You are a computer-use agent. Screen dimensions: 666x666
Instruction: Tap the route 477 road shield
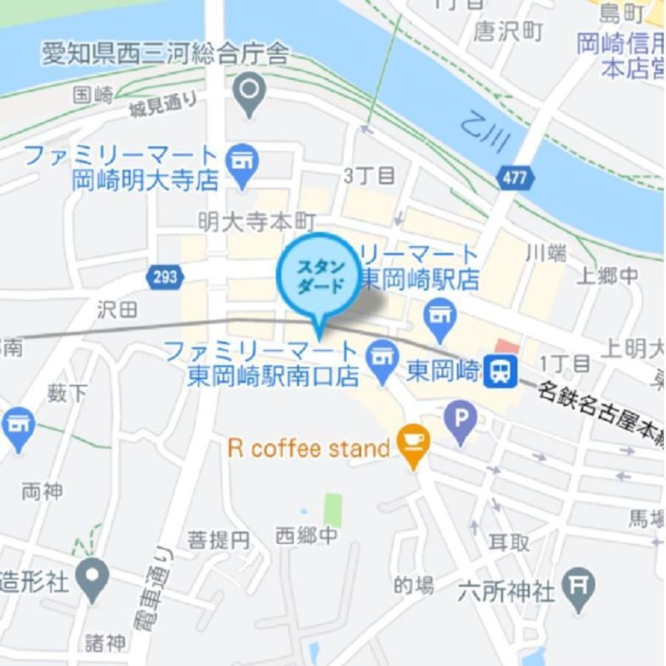coord(513,178)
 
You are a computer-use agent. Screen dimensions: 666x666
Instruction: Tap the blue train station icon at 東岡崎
coord(501,370)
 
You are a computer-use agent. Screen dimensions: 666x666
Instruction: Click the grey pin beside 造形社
coord(92,578)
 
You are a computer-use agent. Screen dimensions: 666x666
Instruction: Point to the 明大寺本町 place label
coord(257,221)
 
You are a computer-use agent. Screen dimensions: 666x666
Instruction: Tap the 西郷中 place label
coord(306,535)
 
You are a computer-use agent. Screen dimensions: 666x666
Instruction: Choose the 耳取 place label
coord(509,542)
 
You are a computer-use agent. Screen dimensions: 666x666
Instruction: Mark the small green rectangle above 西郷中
coord(333,510)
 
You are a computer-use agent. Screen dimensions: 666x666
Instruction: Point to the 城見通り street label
coord(164,106)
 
